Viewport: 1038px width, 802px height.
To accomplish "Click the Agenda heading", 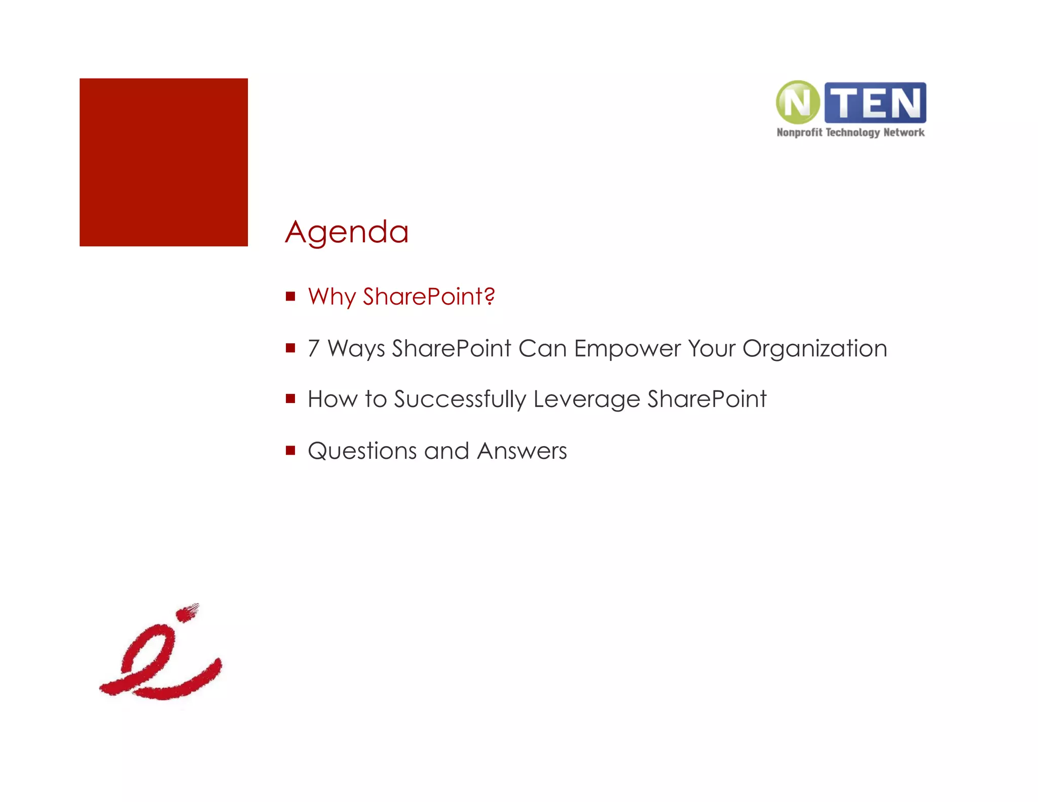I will pyautogui.click(x=347, y=233).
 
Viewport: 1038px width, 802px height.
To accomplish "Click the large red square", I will pyautogui.click(x=164, y=162).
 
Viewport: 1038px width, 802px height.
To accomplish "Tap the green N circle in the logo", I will pyautogui.click(x=798, y=102).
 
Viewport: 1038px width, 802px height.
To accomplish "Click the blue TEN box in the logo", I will pyautogui.click(x=875, y=103).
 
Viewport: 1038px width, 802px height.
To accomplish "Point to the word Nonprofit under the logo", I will pyautogui.click(x=799, y=133).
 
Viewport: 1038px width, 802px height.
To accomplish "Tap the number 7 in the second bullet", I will pyautogui.click(x=314, y=349).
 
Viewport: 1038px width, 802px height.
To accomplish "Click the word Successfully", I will pyautogui.click(x=460, y=399).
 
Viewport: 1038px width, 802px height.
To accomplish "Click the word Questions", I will pyautogui.click(x=362, y=451).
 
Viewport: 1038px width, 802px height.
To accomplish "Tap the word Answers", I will pyautogui.click(x=522, y=451).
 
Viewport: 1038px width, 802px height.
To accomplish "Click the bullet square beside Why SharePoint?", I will pyautogui.click(x=290, y=296).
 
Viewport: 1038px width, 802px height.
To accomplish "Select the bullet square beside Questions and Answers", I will pyautogui.click(x=290, y=450).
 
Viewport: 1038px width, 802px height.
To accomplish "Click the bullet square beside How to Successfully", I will pyautogui.click(x=290, y=398).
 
